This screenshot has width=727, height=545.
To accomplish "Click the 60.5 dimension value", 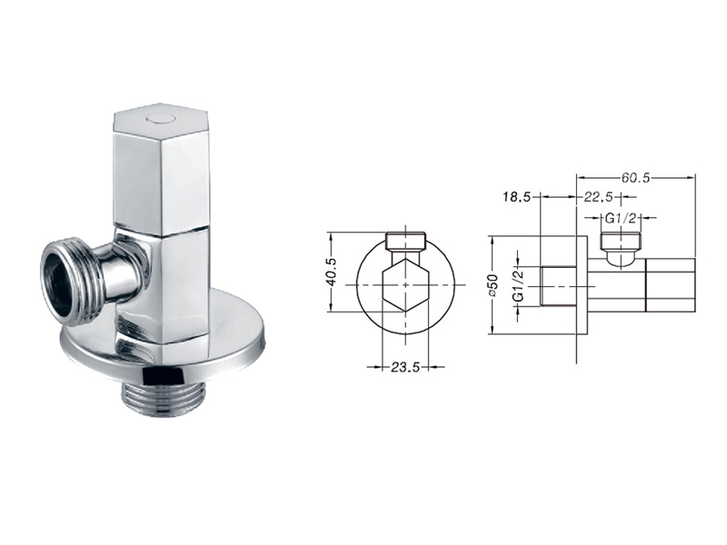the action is coord(636,178).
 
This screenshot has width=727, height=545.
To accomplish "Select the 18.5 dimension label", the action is coord(516,197).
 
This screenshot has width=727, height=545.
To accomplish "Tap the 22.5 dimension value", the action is coord(598,197).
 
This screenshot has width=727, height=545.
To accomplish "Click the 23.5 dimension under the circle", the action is coord(405,368).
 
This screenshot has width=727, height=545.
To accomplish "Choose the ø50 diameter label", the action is coord(493,285).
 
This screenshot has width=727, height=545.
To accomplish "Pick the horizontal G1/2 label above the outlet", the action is coord(620,218).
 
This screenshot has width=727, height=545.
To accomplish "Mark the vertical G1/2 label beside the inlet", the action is coord(519,285).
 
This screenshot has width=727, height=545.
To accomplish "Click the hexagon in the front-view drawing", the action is coord(405,285).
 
